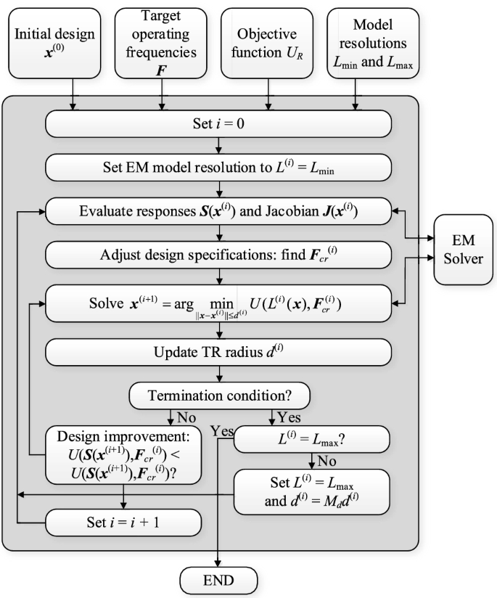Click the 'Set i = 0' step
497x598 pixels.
pos(218,123)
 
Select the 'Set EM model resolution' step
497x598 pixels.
pos(218,168)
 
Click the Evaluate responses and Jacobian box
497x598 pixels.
pos(218,212)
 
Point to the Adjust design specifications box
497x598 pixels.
pos(218,255)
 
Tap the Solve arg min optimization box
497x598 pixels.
pos(218,300)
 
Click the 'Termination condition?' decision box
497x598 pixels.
pos(219,396)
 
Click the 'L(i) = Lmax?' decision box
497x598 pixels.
pos(312,440)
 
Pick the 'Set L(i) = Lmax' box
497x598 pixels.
pos(312,491)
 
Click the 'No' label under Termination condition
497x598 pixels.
pos(186,418)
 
